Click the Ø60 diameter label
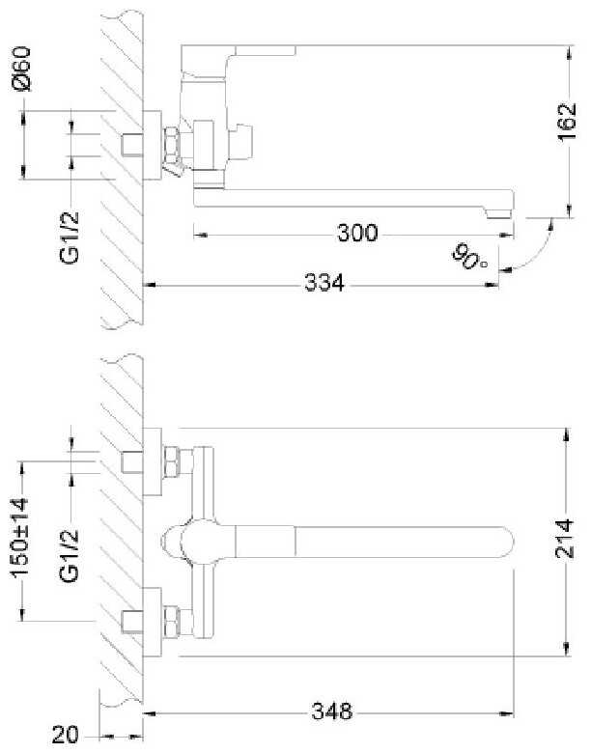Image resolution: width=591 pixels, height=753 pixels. coord(22,69)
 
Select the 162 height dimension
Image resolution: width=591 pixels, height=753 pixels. coord(567,122)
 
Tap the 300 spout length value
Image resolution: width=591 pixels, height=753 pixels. coord(358,234)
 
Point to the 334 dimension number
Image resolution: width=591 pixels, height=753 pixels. coord(324,283)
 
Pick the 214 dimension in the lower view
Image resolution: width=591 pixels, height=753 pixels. coord(565,539)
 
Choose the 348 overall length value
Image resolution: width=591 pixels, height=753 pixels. coord(332,711)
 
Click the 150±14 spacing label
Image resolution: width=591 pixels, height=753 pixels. coord(20,537)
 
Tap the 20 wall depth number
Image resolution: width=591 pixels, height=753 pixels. coord(65,736)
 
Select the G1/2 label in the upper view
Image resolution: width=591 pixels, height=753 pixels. coord(70,237)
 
